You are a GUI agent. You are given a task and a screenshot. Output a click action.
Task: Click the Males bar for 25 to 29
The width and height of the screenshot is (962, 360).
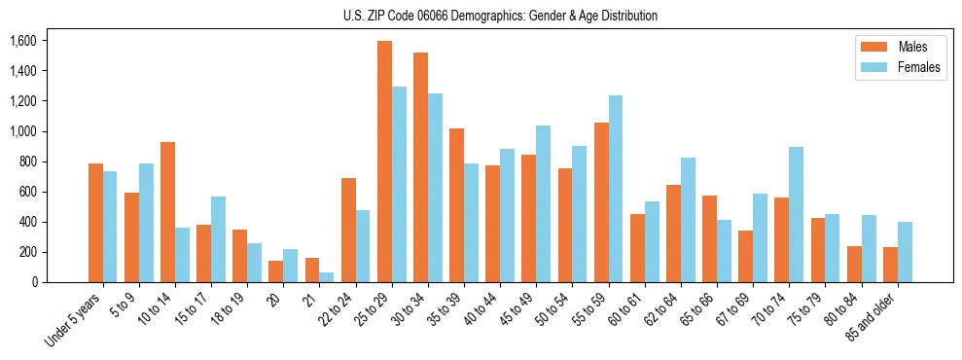[x=384, y=162]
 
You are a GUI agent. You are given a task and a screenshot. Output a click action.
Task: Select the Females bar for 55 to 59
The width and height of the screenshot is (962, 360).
[x=616, y=189]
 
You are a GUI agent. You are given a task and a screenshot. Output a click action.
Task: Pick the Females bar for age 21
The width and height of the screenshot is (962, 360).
[x=327, y=277]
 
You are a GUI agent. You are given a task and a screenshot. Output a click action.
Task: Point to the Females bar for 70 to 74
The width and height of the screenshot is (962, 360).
[x=796, y=215]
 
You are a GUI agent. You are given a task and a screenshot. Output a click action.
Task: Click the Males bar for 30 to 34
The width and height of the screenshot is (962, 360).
[x=420, y=167]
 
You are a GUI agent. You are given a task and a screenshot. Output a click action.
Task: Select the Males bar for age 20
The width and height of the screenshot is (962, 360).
[x=276, y=271]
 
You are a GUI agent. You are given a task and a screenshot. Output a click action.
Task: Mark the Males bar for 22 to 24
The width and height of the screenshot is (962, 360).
[x=348, y=231]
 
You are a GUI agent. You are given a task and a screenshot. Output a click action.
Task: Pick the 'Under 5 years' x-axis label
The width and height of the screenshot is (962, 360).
[x=76, y=318]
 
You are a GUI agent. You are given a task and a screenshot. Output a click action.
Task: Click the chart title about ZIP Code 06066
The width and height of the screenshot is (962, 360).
[x=500, y=16]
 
